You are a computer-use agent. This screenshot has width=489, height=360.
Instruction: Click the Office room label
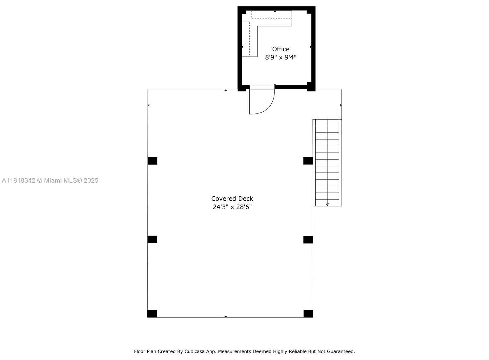281,49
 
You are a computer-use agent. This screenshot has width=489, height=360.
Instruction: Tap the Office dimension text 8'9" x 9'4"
281,57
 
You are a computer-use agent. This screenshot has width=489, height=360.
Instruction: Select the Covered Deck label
232,199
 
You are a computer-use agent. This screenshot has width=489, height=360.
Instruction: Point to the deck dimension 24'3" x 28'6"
232,207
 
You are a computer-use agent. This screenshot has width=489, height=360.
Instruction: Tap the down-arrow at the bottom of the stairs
327,204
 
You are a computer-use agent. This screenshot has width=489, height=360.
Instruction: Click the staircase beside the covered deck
327,163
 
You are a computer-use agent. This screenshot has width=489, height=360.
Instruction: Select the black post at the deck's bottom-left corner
152,314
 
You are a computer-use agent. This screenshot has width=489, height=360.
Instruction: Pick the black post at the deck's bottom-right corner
308,314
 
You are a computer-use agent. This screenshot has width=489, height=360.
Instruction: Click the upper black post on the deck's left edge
153,161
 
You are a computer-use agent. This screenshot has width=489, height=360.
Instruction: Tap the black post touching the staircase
308,161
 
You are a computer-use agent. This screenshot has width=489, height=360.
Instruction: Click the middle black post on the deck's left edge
152,239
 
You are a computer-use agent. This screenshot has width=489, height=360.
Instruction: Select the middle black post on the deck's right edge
308,239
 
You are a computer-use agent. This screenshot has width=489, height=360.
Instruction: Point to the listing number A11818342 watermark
19,180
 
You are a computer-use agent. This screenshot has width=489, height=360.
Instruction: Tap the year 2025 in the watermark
91,180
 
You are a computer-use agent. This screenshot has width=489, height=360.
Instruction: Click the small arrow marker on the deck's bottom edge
226,317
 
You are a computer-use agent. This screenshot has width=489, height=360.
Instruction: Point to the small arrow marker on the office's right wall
311,47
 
